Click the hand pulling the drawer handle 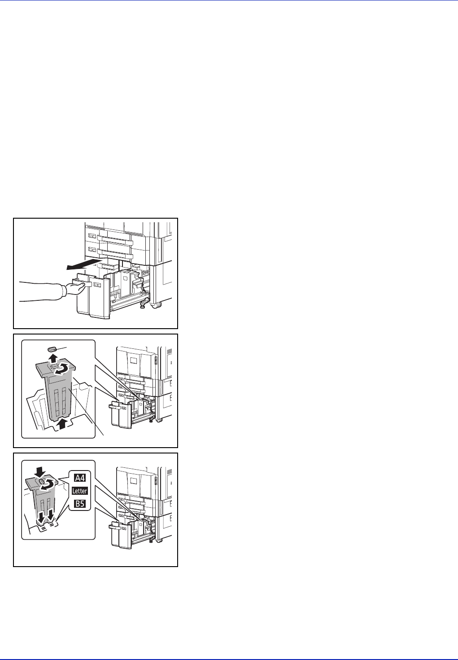pos(75,288)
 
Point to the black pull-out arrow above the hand pos(84,264)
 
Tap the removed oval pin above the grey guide pos(52,349)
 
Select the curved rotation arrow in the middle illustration pos(63,369)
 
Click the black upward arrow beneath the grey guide pos(61,424)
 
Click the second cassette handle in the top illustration pos(115,253)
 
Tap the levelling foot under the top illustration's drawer pos(143,305)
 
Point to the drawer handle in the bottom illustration pos(115,527)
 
